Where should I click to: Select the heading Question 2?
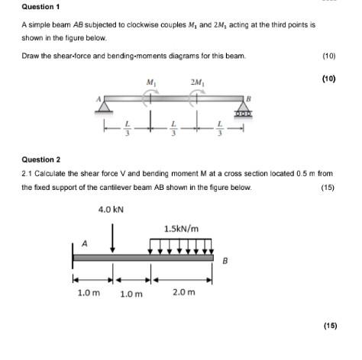tap(42, 159)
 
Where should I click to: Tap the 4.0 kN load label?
tap(112, 207)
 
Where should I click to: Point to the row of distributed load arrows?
tap(182, 246)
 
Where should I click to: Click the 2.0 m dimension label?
tap(184, 292)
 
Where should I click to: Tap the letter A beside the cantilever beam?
tap(85, 244)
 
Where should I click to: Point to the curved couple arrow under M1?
tap(150, 95)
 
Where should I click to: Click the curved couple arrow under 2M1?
tap(198, 95)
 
